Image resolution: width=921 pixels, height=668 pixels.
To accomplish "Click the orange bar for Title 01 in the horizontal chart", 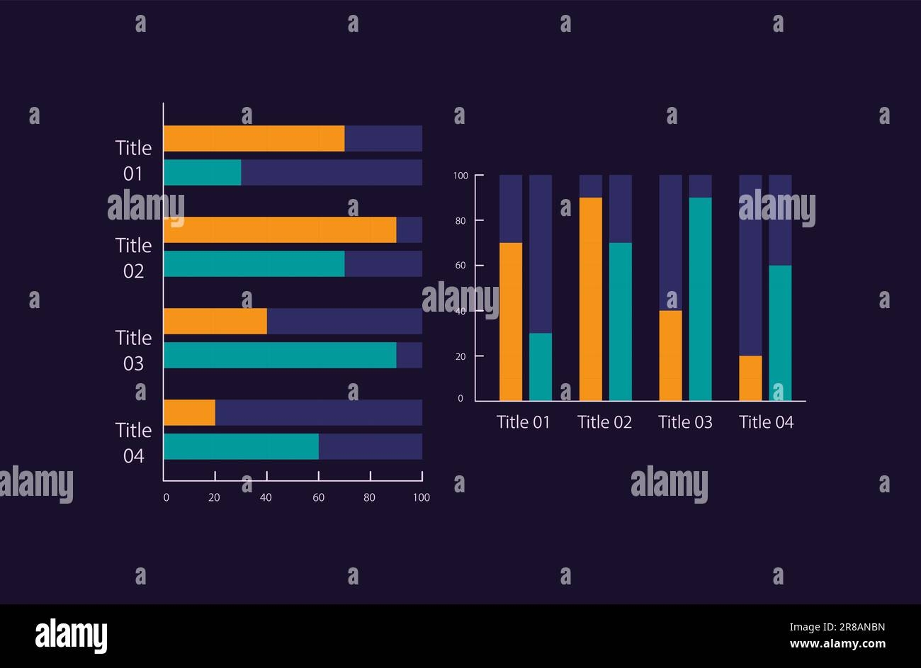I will click(254, 138).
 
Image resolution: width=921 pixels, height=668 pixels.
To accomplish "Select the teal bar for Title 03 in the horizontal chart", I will click(280, 355).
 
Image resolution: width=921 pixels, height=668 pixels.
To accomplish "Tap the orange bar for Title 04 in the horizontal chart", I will click(189, 412).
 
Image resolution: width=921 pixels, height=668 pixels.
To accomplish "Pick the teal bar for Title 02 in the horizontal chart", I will click(254, 264).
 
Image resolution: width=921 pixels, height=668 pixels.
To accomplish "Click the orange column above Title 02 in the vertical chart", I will click(591, 299).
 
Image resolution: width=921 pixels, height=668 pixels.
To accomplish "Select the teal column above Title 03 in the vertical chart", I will click(700, 299).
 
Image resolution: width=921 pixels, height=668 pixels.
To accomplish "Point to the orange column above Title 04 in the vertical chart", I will click(750, 378).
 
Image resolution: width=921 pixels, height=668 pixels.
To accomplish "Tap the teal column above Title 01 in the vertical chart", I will click(541, 367).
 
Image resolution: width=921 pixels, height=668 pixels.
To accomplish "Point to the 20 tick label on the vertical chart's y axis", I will click(461, 356).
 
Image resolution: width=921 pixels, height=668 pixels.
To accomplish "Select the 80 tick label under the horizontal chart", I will click(369, 497).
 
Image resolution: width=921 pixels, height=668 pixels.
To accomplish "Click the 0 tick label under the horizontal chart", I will click(166, 497).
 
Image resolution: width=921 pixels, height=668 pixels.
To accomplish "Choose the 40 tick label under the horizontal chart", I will click(266, 497).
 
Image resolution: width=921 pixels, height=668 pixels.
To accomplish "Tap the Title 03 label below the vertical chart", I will click(685, 422).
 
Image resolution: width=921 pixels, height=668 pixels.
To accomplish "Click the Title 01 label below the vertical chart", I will click(524, 422).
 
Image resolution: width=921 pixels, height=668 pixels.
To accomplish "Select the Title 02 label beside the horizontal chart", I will click(134, 258).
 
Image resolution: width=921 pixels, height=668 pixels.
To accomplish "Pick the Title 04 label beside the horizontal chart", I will click(134, 443).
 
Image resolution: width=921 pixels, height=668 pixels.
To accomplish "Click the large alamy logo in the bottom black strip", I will click(72, 635).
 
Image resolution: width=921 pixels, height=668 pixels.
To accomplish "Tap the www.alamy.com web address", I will click(837, 644).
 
